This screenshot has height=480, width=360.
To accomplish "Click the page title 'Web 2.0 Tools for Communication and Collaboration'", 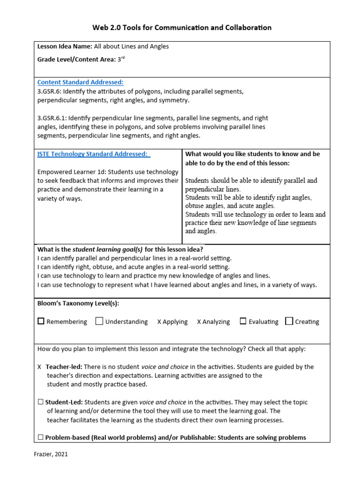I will coord(182,28).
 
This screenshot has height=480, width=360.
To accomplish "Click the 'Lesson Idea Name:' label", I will coord(65,46).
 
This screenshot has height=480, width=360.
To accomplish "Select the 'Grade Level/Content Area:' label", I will coord(76,59).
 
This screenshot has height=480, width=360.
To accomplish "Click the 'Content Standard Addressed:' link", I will coord(80,82).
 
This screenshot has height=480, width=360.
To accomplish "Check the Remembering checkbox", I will coord(41,321).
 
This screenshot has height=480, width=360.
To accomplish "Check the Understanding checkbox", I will coord(99,321).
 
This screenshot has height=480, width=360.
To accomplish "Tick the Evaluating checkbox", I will coord(243,321).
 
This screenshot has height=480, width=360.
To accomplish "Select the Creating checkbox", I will coord(289,321).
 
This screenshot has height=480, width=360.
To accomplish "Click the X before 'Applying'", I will coord(159,322).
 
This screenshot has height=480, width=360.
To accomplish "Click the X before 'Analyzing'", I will coord(199,322).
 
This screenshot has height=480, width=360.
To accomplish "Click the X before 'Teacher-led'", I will coord(39,367).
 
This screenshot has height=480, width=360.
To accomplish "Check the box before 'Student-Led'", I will coord(40,402).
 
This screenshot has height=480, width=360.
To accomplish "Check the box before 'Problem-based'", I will coord(40,437).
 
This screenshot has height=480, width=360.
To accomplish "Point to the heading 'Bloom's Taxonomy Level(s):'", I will coord(78,303).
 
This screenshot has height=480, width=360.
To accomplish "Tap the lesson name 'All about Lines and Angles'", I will coord(131,46).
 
